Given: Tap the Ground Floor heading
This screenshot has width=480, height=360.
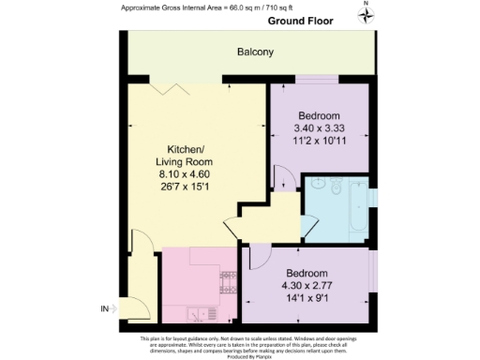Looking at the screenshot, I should [x=300, y=20].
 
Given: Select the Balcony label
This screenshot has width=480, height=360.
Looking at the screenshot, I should [x=254, y=52].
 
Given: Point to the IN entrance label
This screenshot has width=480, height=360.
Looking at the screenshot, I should [x=105, y=308].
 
